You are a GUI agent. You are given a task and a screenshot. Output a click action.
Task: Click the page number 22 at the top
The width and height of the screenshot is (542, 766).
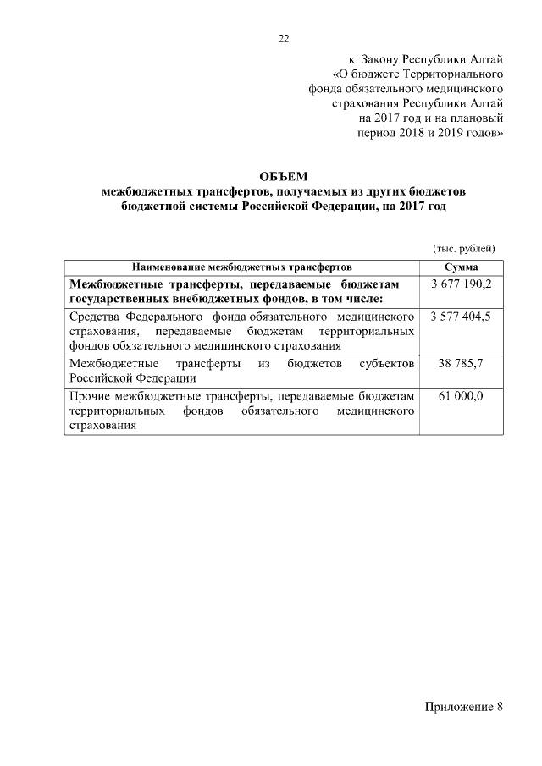[284, 38]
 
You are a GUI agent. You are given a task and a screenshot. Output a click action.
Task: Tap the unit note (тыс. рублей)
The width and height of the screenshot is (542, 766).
[463, 247]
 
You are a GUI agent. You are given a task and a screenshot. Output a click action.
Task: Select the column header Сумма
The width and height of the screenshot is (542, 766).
[462, 267]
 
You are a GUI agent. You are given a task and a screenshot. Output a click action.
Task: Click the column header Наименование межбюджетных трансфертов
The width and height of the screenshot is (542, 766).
[241, 267]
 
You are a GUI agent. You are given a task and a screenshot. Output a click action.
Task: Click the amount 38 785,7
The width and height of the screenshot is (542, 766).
[462, 363]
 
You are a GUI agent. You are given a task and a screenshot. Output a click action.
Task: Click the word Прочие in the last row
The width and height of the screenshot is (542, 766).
[90, 396]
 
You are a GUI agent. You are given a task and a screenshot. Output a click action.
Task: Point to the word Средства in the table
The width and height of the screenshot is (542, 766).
[96, 316]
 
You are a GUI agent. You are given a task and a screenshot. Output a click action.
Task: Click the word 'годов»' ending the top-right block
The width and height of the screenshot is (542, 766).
[484, 133]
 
